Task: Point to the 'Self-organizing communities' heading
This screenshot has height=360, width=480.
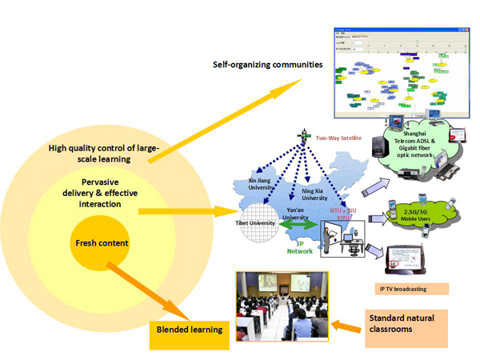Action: point(268,63)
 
